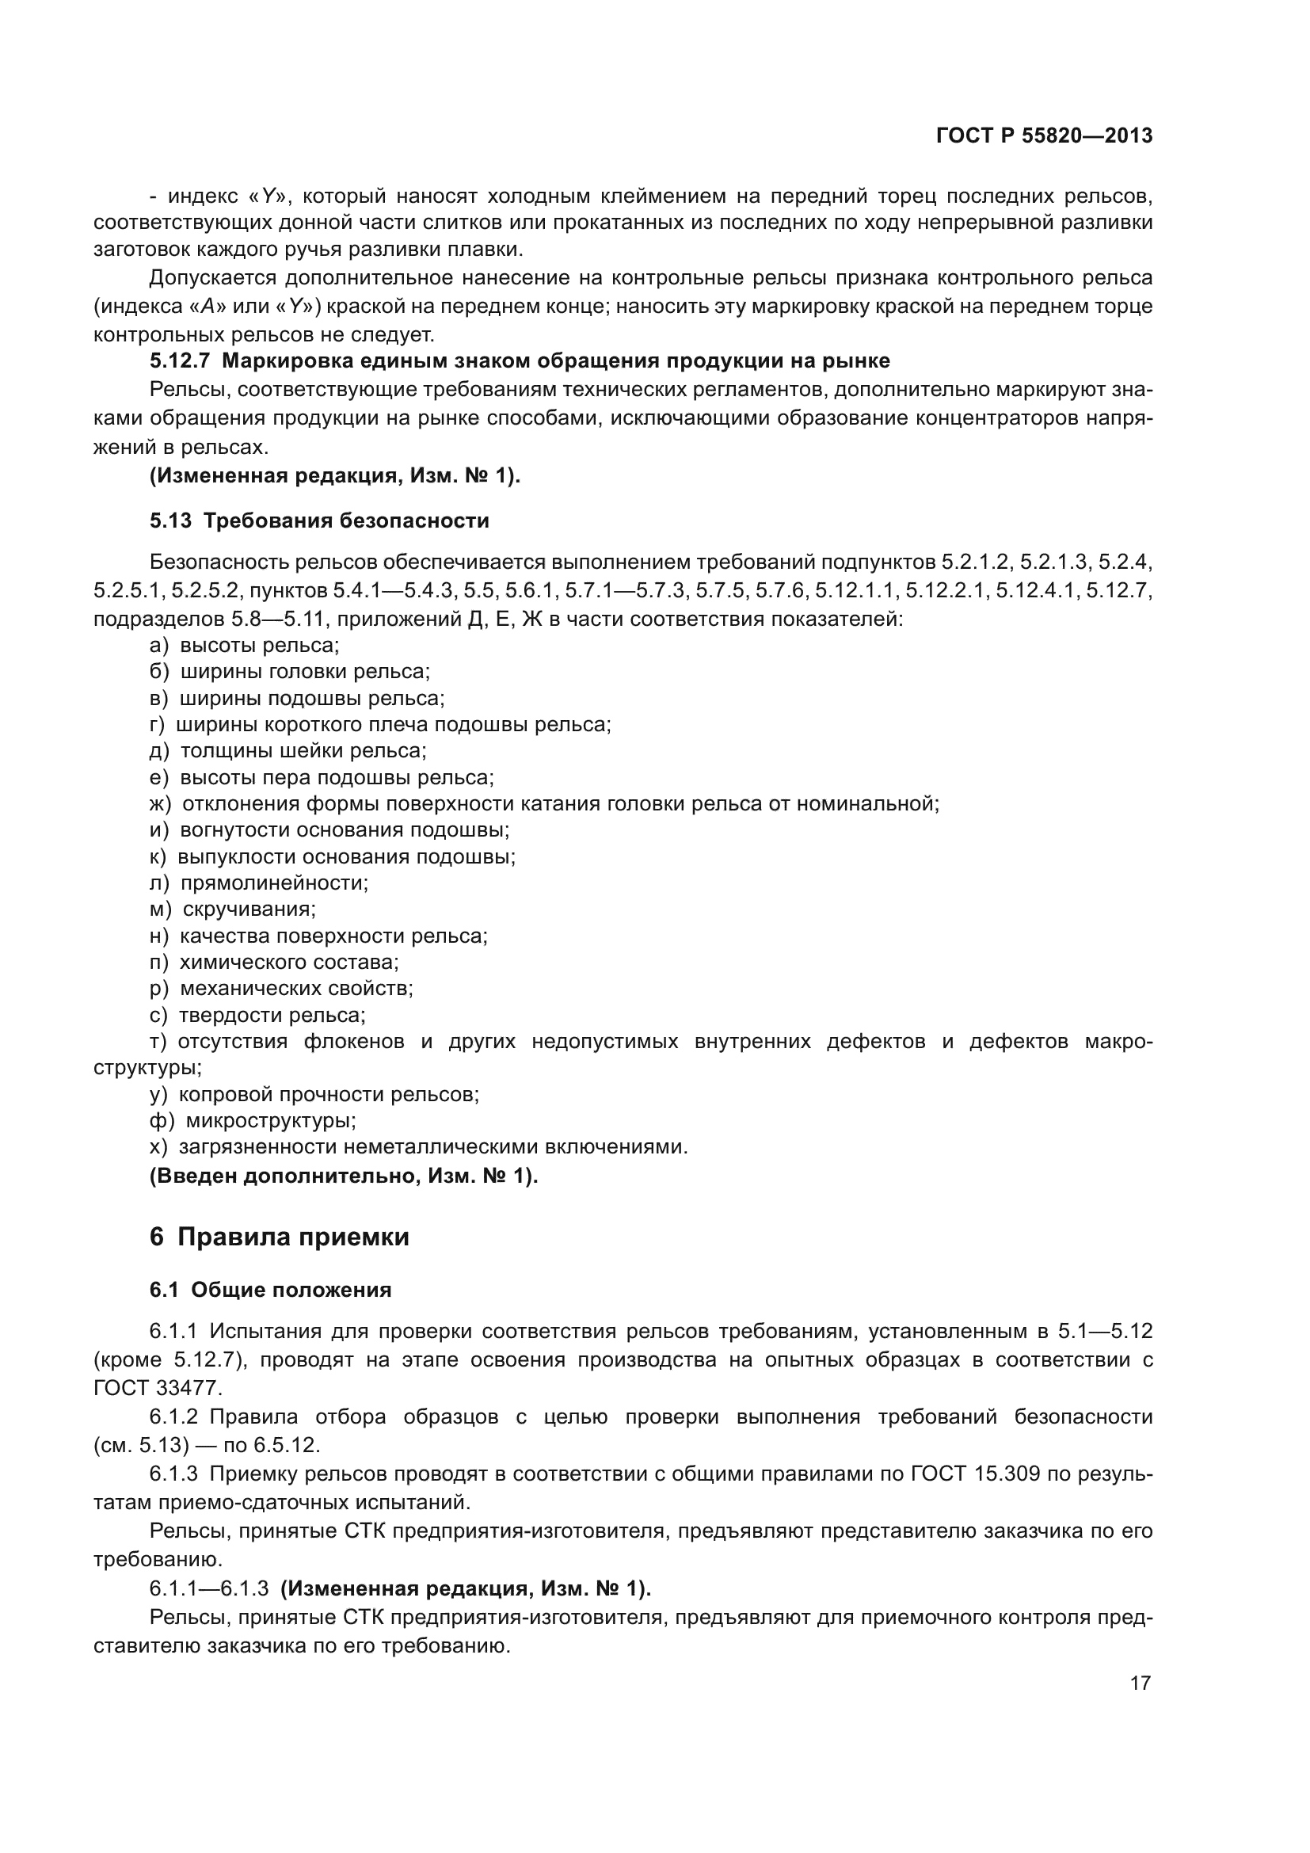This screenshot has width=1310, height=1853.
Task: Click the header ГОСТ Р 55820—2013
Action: [x=1044, y=135]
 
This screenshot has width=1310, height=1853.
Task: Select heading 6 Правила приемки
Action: [x=279, y=1237]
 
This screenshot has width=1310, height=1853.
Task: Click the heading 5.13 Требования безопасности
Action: [x=319, y=520]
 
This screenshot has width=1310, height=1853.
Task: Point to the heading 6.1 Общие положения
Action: [x=270, y=1290]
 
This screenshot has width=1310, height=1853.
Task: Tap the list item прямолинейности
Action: [x=273, y=883]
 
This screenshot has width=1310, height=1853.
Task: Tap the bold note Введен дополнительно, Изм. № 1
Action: [x=344, y=1176]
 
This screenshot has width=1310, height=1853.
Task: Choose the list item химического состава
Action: [x=289, y=962]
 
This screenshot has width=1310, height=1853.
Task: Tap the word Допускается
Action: [x=212, y=278]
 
